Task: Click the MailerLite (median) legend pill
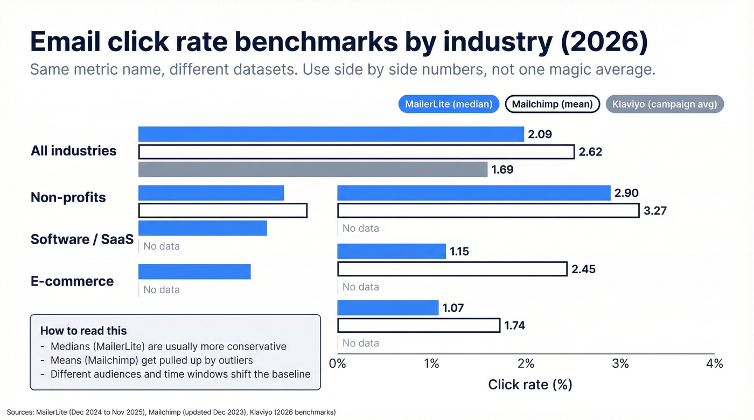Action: click(449, 104)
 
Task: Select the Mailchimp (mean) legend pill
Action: click(552, 104)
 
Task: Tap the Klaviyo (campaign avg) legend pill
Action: click(665, 104)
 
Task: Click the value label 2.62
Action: click(590, 152)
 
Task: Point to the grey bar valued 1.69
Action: click(312, 169)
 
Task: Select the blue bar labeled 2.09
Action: click(331, 134)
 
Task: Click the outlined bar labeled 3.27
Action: click(488, 211)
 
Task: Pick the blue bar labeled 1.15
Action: click(392, 251)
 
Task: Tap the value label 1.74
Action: click(514, 325)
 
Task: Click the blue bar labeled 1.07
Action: click(388, 308)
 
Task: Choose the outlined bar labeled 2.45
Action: click(452, 269)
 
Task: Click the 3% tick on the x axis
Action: click(620, 364)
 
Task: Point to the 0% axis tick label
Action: click(337, 364)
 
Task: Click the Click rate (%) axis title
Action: click(529, 385)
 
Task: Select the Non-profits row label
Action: click(68, 197)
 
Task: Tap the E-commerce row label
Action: click(72, 281)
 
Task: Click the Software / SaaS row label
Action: click(82, 239)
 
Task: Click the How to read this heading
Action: click(83, 331)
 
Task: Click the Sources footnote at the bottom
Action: click(171, 412)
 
